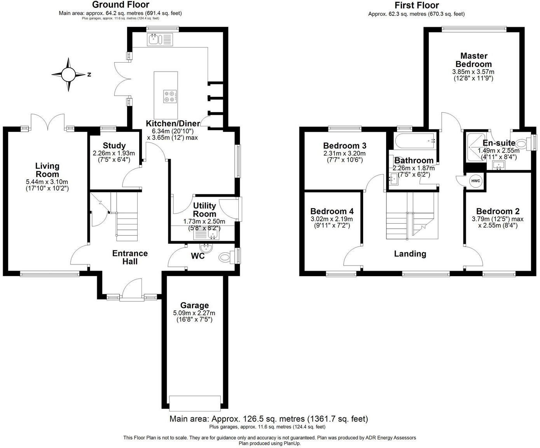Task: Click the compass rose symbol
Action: click(x=69, y=74)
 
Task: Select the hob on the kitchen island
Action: click(x=170, y=96)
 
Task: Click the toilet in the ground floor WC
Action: click(x=226, y=257)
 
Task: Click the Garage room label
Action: click(x=194, y=306)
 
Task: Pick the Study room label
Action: click(x=114, y=145)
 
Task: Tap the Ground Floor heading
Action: click(x=120, y=5)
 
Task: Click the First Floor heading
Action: click(x=416, y=5)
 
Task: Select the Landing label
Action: click(x=410, y=254)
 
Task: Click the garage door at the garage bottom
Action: click(x=195, y=402)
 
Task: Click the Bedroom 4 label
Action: click(x=332, y=211)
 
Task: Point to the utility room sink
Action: click(x=213, y=234)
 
